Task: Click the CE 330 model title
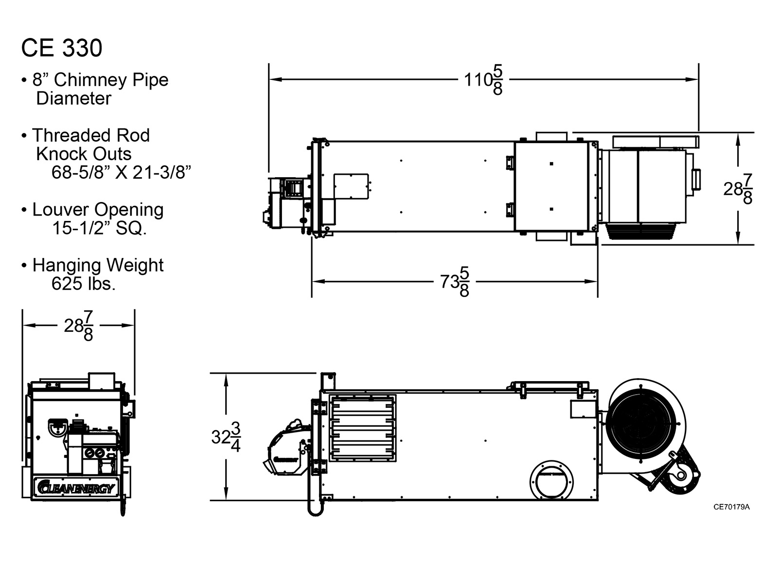pyautogui.click(x=62, y=48)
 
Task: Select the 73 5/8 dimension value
pyautogui.click(x=455, y=281)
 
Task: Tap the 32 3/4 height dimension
pyautogui.click(x=226, y=437)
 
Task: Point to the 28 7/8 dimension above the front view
pyautogui.click(x=78, y=326)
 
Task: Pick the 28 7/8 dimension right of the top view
pyautogui.click(x=738, y=189)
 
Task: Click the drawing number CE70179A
pyautogui.click(x=731, y=507)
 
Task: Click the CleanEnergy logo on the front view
pyautogui.click(x=76, y=487)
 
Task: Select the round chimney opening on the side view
pyautogui.click(x=551, y=481)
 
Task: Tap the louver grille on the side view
pyautogui.click(x=363, y=428)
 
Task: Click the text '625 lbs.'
pyautogui.click(x=84, y=284)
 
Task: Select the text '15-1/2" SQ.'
pyautogui.click(x=99, y=228)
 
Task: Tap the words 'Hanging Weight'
pyautogui.click(x=98, y=265)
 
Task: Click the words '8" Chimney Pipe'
pyautogui.click(x=100, y=80)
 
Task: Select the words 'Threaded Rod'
pyautogui.click(x=91, y=135)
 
